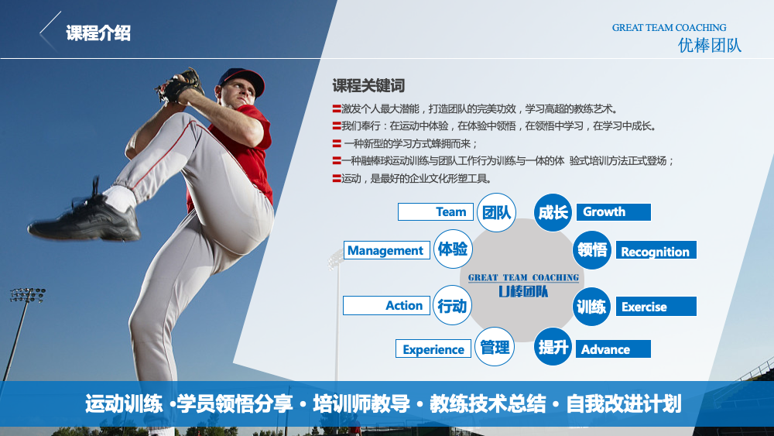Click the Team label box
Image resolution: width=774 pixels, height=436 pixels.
[x=435, y=212]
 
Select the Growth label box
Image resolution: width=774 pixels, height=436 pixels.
[x=614, y=212]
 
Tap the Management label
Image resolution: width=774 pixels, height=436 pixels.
[x=386, y=250]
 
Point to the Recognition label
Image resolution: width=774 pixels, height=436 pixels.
[x=656, y=250]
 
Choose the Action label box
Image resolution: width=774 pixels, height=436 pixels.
[x=386, y=306]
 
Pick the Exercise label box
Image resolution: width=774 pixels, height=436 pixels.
[x=656, y=306]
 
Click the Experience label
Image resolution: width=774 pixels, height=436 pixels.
[x=433, y=348]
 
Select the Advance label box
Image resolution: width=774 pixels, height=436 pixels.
[x=613, y=348]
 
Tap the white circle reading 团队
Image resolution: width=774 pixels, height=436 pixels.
[x=497, y=213]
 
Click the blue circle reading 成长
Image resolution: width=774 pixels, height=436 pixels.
[x=553, y=213]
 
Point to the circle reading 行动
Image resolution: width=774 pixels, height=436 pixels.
[x=452, y=305]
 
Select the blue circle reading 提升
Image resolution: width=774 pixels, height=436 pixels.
[x=553, y=347]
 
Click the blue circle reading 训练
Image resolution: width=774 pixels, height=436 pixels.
[x=591, y=306]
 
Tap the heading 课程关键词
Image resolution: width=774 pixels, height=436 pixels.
[x=368, y=85]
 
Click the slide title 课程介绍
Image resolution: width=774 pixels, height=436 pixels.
[x=98, y=33]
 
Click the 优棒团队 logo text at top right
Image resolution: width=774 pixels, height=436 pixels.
[x=709, y=46]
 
